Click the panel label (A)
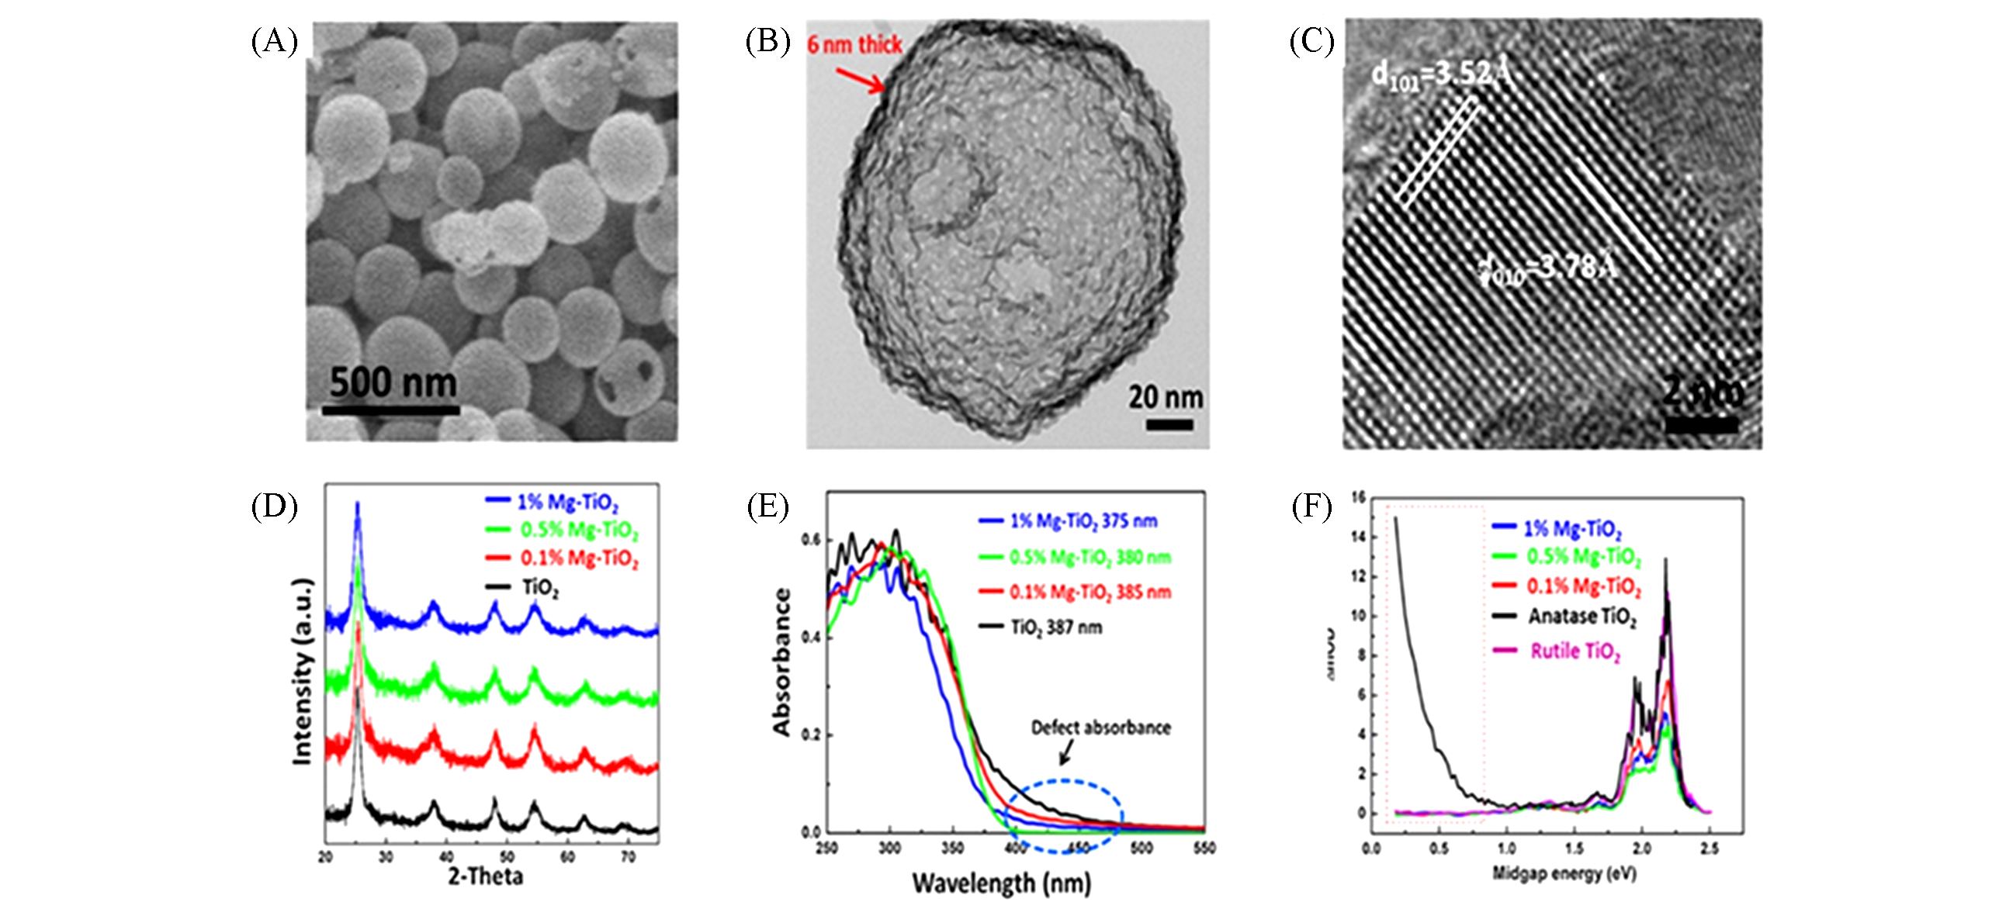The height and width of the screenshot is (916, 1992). point(274,42)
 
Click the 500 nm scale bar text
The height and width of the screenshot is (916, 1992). point(393,382)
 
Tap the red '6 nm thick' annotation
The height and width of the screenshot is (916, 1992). point(854,45)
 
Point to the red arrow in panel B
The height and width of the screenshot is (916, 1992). point(860,80)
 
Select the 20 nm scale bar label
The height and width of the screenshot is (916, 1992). point(1166,398)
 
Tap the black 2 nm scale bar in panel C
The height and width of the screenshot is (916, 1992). point(1701,425)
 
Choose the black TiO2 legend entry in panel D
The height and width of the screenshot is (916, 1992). point(540,587)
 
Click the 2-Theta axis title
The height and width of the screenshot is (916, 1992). point(485,877)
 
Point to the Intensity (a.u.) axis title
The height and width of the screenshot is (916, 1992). point(302,672)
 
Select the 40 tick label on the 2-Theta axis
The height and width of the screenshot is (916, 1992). point(446,856)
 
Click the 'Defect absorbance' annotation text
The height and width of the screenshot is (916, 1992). point(1100,728)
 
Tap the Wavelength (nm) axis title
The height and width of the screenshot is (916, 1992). point(1001,883)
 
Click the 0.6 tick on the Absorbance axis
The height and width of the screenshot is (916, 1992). point(811,540)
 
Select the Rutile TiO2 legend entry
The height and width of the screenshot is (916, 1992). point(1575,652)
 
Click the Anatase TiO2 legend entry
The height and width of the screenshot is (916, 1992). point(1582,617)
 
